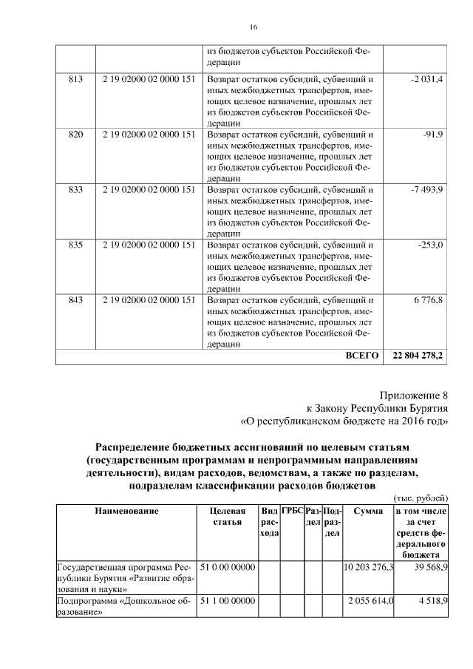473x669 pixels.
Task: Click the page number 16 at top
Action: coord(253,27)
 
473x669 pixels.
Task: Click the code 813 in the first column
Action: coord(76,79)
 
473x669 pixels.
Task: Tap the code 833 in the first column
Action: coord(76,189)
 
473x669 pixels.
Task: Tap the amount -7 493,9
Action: coord(426,189)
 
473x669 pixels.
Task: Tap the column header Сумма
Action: coord(367,510)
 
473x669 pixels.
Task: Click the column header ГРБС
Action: coord(292,510)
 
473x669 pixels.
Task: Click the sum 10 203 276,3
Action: coord(369,567)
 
